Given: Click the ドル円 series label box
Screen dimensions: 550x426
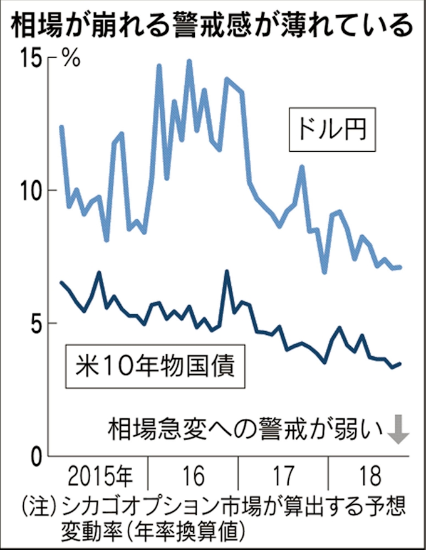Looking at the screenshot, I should pyautogui.click(x=332, y=131).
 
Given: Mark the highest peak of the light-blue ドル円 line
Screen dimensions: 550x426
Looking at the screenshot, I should pyautogui.click(x=189, y=61).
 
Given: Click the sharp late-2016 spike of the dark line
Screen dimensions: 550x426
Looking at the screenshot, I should pyautogui.click(x=226, y=272).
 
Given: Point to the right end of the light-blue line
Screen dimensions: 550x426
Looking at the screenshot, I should pyautogui.click(x=400, y=267).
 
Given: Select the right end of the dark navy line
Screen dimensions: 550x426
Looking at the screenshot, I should pyautogui.click(x=400, y=364).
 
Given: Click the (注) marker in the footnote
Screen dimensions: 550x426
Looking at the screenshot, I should pyautogui.click(x=36, y=505).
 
